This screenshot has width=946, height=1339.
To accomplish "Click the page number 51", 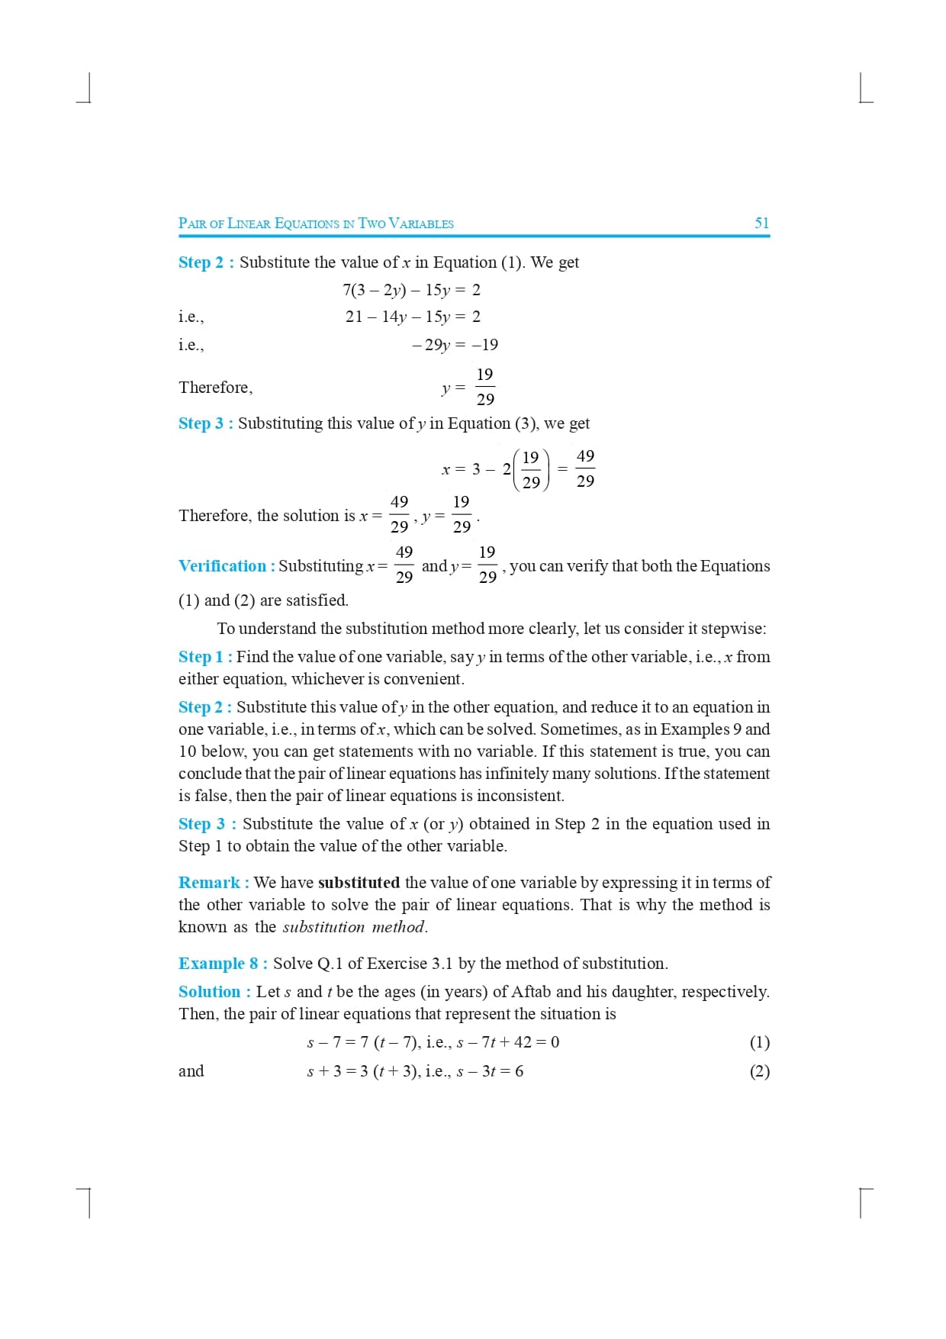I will pos(761,223).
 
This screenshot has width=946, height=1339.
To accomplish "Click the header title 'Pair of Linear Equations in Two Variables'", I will pos(316,224).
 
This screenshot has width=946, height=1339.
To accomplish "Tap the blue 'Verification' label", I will pos(222,566).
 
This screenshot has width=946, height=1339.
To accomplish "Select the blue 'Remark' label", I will pos(210,883).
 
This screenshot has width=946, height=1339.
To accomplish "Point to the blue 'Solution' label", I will pos(210,992).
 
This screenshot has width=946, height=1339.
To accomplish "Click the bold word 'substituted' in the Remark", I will pos(359,883).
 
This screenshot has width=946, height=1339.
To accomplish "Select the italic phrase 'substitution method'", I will pos(354,927).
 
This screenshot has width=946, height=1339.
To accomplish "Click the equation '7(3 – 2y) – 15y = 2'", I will pos(411,290).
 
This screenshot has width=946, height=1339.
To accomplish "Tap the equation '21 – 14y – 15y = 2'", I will pos(413,317).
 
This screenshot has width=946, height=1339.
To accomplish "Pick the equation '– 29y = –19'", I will pos(455,345).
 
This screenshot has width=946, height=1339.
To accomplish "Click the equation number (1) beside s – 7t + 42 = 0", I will pos(759,1042).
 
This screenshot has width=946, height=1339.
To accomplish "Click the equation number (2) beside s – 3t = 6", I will pos(759,1071).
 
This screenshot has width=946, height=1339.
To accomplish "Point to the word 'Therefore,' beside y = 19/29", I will pos(215,388).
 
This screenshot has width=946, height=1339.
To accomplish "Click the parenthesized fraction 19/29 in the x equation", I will pos(531,469).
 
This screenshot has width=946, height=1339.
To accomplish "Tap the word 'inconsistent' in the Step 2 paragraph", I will pos(519,796).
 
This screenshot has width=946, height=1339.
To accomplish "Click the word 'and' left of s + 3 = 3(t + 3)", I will pos(191,1071).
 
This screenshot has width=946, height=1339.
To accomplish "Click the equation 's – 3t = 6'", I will pos(490,1071).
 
